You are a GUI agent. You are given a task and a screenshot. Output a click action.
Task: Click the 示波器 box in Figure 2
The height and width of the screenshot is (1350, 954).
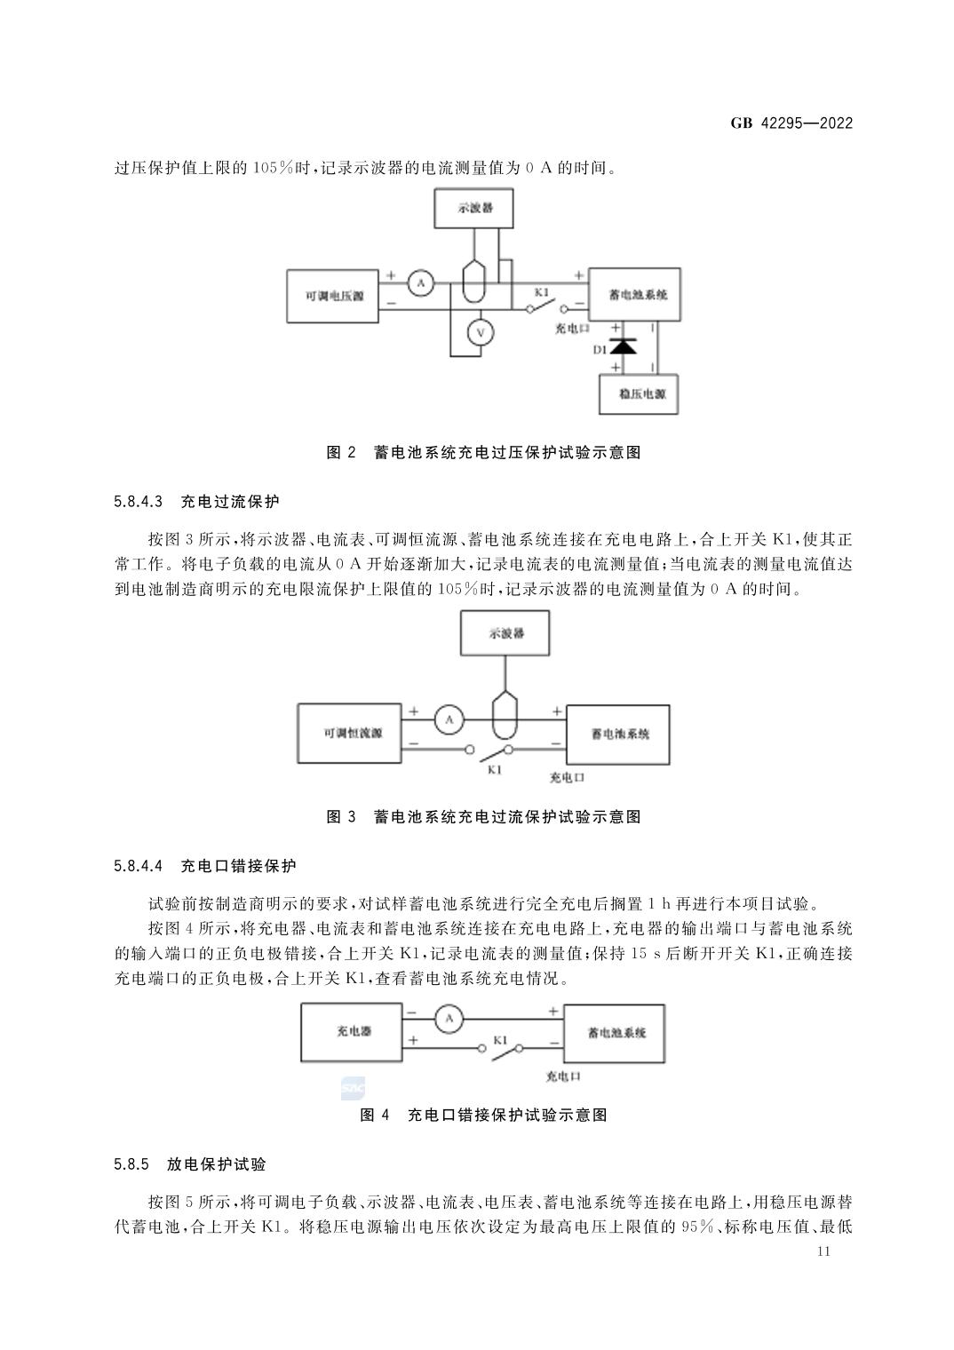pyautogui.click(x=473, y=208)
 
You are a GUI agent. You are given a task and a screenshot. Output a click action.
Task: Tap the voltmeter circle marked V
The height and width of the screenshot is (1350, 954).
pyautogui.click(x=481, y=332)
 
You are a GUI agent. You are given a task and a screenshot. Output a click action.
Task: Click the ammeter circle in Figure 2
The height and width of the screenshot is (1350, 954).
pyautogui.click(x=421, y=283)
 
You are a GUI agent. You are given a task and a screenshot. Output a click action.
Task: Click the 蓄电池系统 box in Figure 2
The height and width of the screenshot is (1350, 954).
pyautogui.click(x=635, y=294)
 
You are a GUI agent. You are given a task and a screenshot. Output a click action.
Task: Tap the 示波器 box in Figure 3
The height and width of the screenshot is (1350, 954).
pyautogui.click(x=505, y=633)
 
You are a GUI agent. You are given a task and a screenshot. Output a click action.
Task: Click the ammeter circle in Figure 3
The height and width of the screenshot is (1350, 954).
pyautogui.click(x=449, y=720)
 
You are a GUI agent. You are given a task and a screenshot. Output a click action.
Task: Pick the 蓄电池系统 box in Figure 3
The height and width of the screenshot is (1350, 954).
pyautogui.click(x=617, y=734)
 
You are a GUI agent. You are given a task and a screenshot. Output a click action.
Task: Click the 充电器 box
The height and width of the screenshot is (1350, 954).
pyautogui.click(x=353, y=1032)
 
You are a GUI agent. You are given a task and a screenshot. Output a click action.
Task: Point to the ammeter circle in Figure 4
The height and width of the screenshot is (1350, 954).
pyautogui.click(x=449, y=1019)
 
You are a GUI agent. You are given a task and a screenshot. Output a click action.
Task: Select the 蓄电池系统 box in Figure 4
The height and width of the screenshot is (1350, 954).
pyautogui.click(x=616, y=1033)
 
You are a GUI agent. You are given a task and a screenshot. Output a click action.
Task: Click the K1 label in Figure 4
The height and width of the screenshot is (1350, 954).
pyautogui.click(x=500, y=1039)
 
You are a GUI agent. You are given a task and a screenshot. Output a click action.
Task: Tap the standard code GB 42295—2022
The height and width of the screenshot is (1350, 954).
pyautogui.click(x=791, y=123)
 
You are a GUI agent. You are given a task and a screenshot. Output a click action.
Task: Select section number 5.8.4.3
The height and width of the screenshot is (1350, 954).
pyautogui.click(x=139, y=502)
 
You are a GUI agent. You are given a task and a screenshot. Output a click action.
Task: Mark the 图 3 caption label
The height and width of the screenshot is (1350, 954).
pyautogui.click(x=341, y=816)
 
